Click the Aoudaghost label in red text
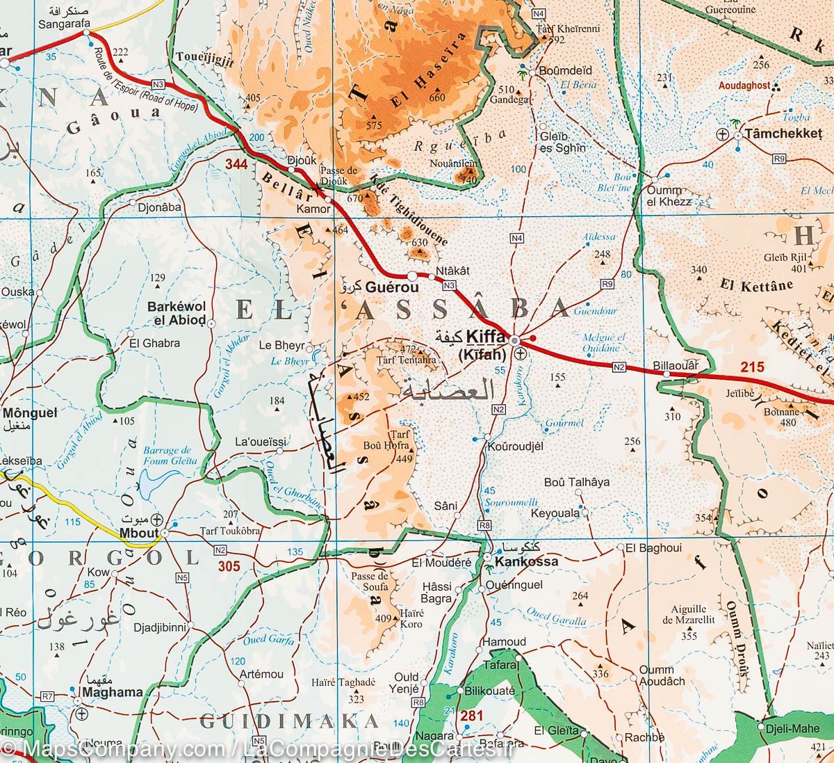pos(744,85)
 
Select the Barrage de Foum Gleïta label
pos(167,456)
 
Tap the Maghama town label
pos(112,692)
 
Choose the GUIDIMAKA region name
pos(289,721)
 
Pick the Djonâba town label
pos(160,207)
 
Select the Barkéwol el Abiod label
pos(176,313)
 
